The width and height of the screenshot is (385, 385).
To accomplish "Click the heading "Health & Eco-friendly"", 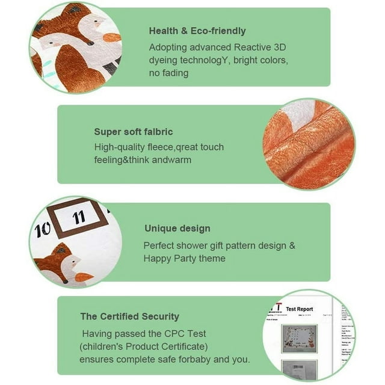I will pyautogui.click(x=197, y=31).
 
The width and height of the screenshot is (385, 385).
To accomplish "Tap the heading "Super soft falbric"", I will pyautogui.click(x=132, y=132).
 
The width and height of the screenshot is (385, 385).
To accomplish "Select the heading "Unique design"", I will pyautogui.click(x=177, y=229).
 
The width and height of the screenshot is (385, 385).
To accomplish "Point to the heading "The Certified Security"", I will pyautogui.click(x=130, y=316).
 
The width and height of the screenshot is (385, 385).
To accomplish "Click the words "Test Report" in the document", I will pyautogui.click(x=299, y=309).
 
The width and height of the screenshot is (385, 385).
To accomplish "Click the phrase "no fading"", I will pyautogui.click(x=169, y=73).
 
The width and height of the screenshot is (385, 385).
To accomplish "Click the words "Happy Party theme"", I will pyautogui.click(x=184, y=259).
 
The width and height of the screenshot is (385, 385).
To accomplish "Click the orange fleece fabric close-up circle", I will pyautogui.click(x=309, y=144).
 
